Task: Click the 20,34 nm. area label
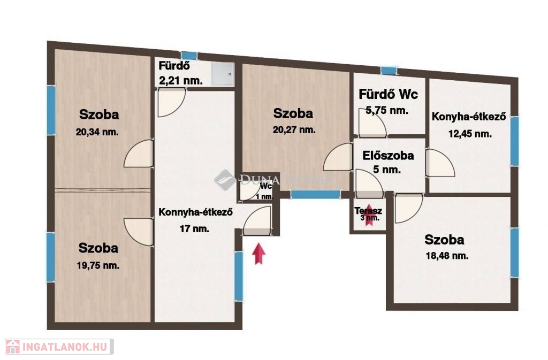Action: [97, 132]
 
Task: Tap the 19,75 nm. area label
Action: [98, 266]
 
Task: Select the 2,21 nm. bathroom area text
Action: [181, 81]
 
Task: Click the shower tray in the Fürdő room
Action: [223, 74]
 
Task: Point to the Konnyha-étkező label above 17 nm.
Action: [196, 212]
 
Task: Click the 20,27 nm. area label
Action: [294, 130]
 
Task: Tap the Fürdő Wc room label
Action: [389, 94]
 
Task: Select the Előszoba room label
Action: [388, 155]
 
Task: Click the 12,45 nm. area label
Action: [470, 134]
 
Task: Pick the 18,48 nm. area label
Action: [447, 256]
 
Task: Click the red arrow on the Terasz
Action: [369, 215]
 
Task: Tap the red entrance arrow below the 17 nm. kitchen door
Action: [258, 254]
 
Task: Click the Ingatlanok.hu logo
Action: [59, 347]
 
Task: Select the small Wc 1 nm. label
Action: [264, 192]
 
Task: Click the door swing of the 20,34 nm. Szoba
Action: [139, 154]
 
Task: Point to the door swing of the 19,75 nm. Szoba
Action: [139, 232]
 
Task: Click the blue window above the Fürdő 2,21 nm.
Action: [189, 56]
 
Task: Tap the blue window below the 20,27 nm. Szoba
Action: [316, 195]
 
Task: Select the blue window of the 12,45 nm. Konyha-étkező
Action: [515, 141]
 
